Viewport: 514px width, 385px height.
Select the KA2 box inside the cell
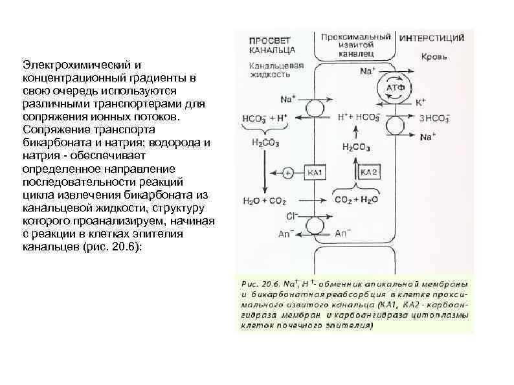point(369,172)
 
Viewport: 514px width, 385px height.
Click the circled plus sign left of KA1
point(288,173)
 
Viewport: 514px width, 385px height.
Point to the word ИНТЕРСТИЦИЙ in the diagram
point(432,38)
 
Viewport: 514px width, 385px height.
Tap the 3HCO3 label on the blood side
point(434,119)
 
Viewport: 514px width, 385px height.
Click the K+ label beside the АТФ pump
point(421,102)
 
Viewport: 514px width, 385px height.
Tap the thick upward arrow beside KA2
point(353,172)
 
